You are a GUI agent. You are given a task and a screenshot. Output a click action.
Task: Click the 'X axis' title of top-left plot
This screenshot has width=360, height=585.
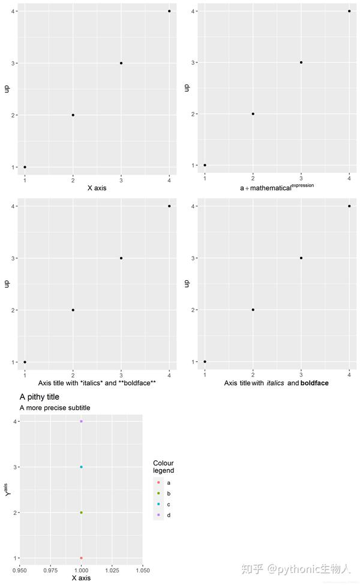(x=97, y=188)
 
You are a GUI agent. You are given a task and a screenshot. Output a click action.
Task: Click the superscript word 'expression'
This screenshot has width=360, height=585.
(x=302, y=185)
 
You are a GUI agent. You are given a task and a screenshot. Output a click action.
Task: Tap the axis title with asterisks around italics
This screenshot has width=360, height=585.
(x=97, y=383)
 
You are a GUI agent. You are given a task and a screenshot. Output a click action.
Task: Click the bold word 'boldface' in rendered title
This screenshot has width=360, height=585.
(x=314, y=383)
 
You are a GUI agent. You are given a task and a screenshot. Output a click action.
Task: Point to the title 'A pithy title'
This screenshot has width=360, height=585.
(x=40, y=397)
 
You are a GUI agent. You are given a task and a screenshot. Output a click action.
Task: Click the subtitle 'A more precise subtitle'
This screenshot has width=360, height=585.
(x=55, y=408)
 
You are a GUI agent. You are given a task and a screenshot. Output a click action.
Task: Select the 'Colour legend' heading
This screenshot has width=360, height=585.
(x=163, y=466)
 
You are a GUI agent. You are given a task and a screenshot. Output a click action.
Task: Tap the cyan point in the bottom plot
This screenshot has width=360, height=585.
(x=81, y=467)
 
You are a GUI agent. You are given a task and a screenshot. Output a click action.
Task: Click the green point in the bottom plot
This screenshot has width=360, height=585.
(x=81, y=512)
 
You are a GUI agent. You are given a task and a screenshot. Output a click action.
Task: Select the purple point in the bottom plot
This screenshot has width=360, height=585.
(x=81, y=421)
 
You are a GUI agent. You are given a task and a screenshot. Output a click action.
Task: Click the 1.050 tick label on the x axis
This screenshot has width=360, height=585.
(x=142, y=571)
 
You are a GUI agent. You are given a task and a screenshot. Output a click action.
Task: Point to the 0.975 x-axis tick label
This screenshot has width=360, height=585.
(x=50, y=571)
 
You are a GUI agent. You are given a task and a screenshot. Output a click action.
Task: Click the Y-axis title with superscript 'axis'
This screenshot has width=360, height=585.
(x=7, y=490)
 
